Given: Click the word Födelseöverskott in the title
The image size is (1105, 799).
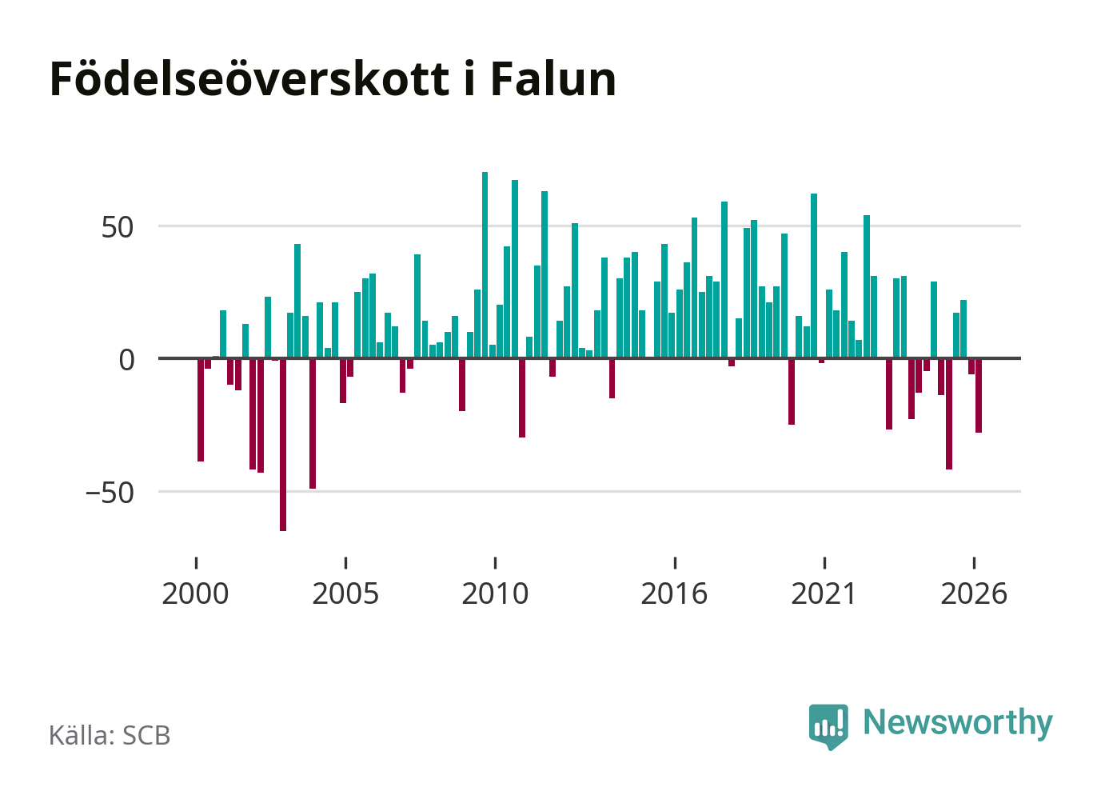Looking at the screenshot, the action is tap(249, 79).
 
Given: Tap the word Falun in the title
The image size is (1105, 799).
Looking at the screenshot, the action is tap(553, 79).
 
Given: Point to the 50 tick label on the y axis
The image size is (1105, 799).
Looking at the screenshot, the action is tap(118, 227).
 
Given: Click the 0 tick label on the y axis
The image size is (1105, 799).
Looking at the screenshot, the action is tap(126, 360).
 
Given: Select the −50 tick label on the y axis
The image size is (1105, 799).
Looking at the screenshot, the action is tap(110, 493).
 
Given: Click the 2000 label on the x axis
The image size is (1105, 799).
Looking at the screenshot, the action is tap(195, 593).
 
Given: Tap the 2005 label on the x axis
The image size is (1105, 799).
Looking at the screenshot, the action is tap(345, 593).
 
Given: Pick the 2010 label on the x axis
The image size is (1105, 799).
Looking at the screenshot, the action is tap(495, 593).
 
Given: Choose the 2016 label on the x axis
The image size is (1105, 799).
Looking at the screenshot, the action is tap(674, 593).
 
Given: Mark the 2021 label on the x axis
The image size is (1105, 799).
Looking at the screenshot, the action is tap(824, 593).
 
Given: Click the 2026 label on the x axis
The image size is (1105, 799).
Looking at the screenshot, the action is tap(974, 593).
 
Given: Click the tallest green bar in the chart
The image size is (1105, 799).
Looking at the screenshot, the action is tap(485, 265).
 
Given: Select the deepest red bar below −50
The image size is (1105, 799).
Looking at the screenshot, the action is tap(283, 445).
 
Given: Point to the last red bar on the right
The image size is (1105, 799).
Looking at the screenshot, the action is tap(979, 396).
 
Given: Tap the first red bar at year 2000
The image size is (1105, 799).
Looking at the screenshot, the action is tap(201, 410).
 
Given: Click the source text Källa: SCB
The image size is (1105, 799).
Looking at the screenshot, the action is tap(110, 735).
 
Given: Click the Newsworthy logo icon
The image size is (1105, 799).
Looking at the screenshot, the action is tap(828, 727).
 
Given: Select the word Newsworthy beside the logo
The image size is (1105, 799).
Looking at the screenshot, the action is tap(958, 723).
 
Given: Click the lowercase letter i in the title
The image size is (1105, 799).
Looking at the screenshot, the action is tap(469, 79).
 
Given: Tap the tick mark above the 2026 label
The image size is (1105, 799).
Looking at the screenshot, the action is tap(974, 563).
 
